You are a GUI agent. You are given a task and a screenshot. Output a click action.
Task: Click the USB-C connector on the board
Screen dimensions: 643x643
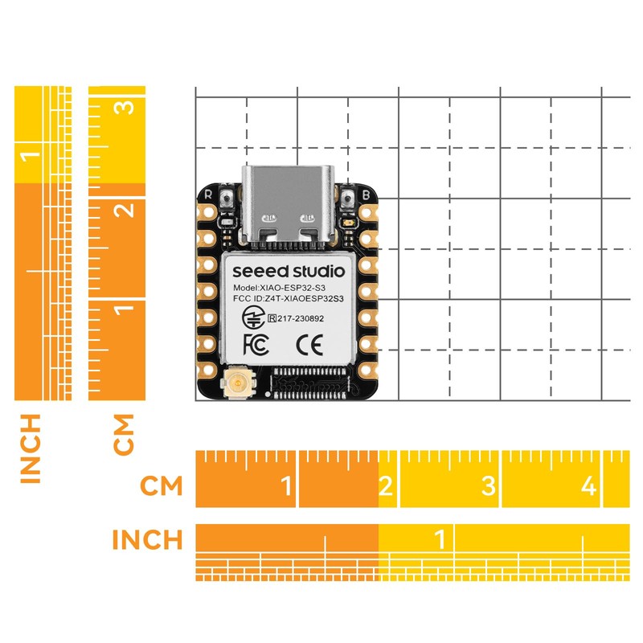click(289, 206)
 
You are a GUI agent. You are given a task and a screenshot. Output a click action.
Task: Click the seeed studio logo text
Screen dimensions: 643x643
click(289, 271)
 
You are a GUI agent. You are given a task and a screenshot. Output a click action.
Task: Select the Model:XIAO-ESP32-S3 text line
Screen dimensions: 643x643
click(279, 288)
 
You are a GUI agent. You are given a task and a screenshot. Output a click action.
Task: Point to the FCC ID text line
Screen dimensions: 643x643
click(289, 298)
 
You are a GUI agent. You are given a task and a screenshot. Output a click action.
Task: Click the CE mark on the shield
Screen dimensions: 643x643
click(309, 345)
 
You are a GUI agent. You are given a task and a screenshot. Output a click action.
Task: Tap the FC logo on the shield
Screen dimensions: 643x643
click(256, 344)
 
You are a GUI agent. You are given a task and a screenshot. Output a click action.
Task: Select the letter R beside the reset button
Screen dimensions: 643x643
click(208, 194)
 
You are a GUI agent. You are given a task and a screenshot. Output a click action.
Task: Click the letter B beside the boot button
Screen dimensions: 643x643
click(367, 195)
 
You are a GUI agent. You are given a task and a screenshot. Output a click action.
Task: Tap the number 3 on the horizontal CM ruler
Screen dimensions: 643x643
click(489, 486)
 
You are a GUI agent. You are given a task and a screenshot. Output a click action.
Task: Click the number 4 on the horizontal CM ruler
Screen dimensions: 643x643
click(589, 486)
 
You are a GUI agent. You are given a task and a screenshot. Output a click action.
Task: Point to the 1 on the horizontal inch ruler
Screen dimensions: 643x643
click(440, 539)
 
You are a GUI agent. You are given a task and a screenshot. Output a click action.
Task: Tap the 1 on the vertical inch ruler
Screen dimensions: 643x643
click(31, 157)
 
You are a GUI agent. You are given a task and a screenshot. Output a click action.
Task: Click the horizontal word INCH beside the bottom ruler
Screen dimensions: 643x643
click(147, 539)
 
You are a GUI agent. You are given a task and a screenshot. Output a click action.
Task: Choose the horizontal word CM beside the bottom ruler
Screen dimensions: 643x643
click(162, 486)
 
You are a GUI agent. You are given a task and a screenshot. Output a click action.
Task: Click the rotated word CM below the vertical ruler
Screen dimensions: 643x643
click(124, 434)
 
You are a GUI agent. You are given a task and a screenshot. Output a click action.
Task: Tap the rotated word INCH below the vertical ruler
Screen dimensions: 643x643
click(31, 448)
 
